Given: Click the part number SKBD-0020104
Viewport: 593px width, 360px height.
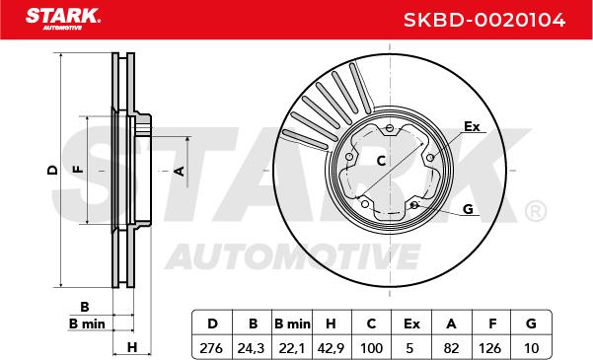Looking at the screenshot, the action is coord(484,20).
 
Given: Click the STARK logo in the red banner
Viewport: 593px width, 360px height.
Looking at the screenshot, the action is coord(63,19).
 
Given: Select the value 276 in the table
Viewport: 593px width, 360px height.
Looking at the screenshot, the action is coord(211,348).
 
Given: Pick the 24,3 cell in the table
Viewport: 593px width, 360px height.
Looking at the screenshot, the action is coord(251,348).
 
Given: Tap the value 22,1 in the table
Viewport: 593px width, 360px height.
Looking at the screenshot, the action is coord(292,348).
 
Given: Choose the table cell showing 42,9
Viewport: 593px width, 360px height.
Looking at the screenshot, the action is coord(332,348).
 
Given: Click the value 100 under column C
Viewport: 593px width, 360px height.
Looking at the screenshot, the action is coord(372,348).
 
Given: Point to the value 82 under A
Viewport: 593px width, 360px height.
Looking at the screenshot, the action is coord(452,348).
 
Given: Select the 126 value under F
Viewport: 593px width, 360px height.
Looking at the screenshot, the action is coord(490,348).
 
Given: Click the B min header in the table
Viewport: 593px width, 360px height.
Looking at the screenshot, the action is coord(292,324).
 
